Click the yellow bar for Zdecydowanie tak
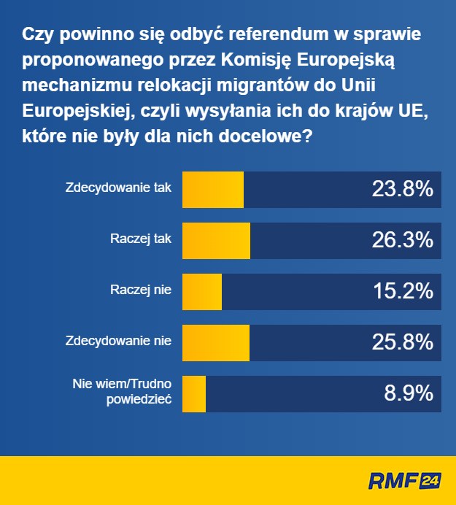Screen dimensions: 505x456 click(x=212, y=190)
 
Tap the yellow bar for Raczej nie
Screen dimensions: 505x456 click(x=201, y=292)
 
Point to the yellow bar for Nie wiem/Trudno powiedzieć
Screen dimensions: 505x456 click(x=193, y=394)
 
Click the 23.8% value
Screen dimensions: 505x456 click(x=403, y=190)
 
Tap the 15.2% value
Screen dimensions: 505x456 click(x=403, y=292)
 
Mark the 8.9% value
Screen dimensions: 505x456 click(x=409, y=394)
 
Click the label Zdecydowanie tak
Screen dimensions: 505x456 click(x=118, y=187)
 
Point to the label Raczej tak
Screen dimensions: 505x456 click(x=141, y=238)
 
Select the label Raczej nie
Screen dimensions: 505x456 click(x=141, y=290)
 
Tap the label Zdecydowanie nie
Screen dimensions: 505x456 click(x=118, y=340)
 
